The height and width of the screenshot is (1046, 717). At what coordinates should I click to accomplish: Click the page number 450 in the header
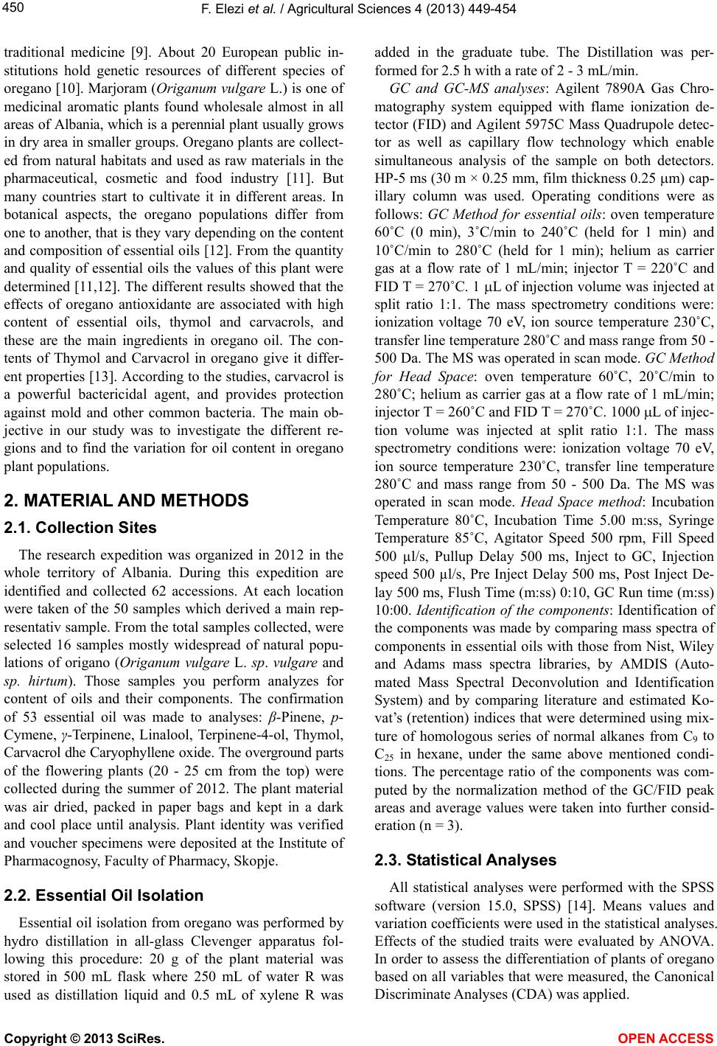[14, 8]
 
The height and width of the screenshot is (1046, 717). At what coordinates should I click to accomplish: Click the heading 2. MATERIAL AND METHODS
[126, 501]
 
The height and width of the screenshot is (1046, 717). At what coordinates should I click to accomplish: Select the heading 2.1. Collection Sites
[80, 528]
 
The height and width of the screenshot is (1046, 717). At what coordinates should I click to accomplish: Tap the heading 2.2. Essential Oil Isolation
[103, 896]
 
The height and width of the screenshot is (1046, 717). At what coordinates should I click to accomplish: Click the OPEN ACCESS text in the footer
[670, 1038]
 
